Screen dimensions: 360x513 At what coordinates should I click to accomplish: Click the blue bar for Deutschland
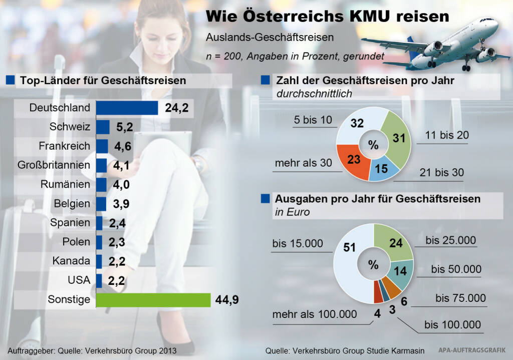tap(127, 108)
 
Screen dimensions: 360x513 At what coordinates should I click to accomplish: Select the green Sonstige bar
tap(153, 300)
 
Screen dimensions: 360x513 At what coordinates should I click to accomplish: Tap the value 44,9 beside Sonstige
tap(227, 300)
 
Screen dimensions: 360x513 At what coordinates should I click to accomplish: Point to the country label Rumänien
tap(65, 184)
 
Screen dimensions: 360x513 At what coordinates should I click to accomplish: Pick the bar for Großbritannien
tap(101, 165)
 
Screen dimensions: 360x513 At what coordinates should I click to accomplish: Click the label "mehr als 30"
tap(304, 163)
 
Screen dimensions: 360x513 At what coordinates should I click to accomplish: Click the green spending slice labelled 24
tap(395, 242)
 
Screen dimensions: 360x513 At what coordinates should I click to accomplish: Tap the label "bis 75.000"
tap(460, 298)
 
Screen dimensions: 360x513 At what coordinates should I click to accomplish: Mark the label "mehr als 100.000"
tap(315, 314)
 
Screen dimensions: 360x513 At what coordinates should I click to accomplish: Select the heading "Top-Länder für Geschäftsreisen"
tap(103, 80)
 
